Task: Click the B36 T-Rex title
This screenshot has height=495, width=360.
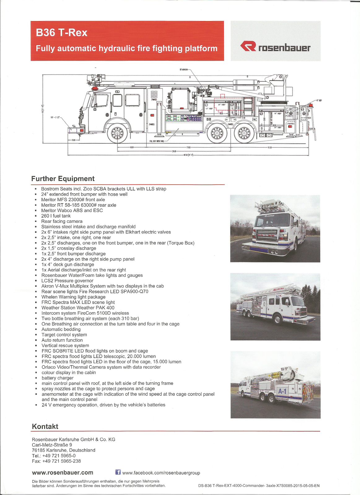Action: pyautogui.click(x=62, y=32)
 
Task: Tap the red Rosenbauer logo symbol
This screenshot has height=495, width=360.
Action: pyautogui.click(x=248, y=46)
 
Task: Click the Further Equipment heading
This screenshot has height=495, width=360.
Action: pyautogui.click(x=63, y=179)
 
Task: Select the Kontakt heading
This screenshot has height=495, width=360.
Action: pyautogui.click(x=45, y=426)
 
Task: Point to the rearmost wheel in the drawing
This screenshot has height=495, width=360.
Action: pyautogui.click(x=244, y=133)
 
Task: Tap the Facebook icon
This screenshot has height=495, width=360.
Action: pyautogui.click(x=118, y=472)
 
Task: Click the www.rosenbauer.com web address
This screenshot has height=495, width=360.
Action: pyautogui.click(x=63, y=472)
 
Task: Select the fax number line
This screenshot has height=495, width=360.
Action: pyautogui.click(x=56, y=461)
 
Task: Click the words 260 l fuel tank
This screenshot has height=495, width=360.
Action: pyautogui.click(x=56, y=216)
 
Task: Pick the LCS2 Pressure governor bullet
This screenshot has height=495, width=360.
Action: pyautogui.click(x=67, y=281)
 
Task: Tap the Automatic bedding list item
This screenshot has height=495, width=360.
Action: pyautogui.click(x=61, y=329)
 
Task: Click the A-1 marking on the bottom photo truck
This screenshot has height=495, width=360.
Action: pyautogui.click(x=282, y=391)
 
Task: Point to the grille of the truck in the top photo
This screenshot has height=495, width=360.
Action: pyautogui.click(x=265, y=235)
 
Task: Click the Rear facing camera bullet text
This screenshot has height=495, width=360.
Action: pyautogui.click(x=62, y=221)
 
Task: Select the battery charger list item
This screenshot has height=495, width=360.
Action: pyautogui.click(x=58, y=378)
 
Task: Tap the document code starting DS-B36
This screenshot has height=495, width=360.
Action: pyautogui.click(x=259, y=486)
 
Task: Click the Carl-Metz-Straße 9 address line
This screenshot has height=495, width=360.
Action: pyautogui.click(x=52, y=445)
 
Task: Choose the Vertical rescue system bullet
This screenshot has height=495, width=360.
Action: pyautogui.click(x=65, y=345)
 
